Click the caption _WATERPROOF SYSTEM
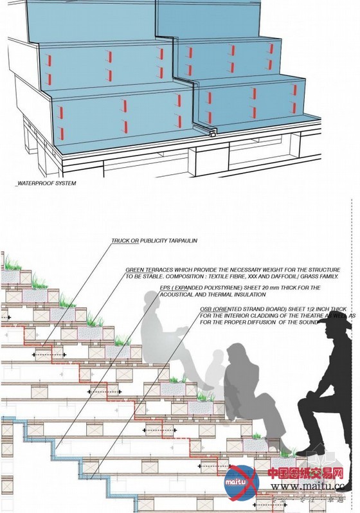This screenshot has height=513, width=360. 46,183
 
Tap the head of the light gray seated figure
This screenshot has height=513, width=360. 152,301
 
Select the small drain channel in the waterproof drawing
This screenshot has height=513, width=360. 212,134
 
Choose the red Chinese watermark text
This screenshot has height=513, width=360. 305,474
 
